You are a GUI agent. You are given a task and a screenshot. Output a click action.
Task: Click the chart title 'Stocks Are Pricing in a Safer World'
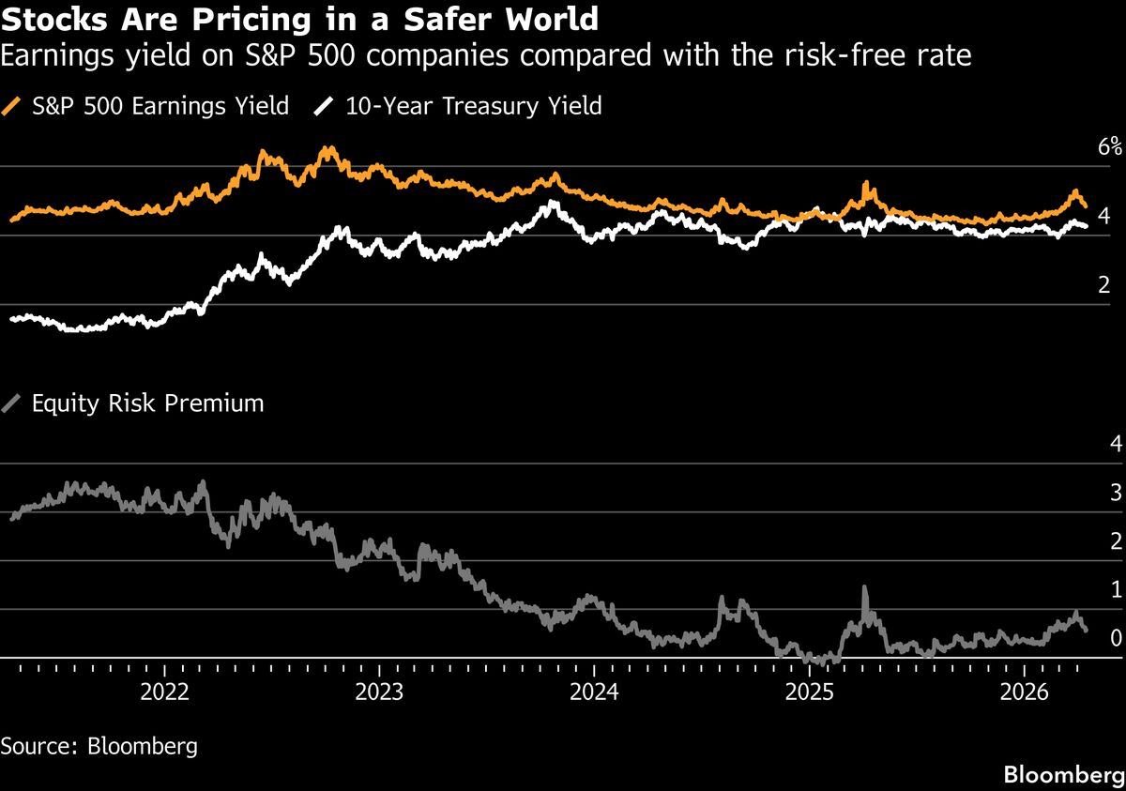301,19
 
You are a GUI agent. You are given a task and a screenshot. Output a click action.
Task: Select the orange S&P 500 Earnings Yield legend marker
12,106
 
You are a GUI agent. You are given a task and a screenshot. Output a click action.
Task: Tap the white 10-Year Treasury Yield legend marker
325,106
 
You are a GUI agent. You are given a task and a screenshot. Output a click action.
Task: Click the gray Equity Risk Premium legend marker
12,404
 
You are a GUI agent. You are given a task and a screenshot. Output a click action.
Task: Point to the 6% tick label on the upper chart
1110,146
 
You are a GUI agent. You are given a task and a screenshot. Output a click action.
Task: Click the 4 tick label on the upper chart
1104,216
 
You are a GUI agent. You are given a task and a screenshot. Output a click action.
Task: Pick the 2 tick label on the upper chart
1104,285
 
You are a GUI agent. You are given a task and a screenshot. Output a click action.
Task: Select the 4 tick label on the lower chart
1116,443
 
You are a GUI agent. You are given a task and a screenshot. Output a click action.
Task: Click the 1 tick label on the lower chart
1116,589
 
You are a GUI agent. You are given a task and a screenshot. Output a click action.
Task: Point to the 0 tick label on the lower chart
1116,638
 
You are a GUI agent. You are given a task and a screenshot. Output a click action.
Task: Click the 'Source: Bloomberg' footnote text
99,747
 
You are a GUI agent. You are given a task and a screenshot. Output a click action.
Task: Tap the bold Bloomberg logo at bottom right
1064,775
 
